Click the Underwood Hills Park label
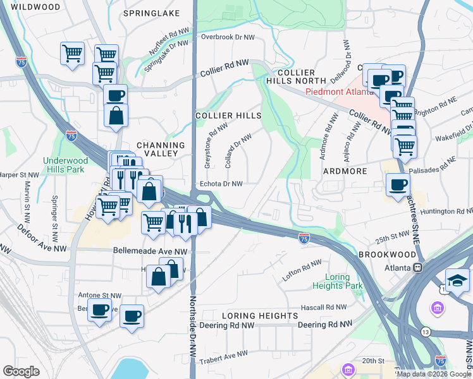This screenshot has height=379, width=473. (64, 165)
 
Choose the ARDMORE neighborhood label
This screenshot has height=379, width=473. (345, 171)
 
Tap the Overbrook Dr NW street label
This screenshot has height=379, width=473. (227, 37)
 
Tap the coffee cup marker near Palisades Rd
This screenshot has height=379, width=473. (398, 185)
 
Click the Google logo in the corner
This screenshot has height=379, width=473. (21, 371)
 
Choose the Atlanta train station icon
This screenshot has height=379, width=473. (417, 267)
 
